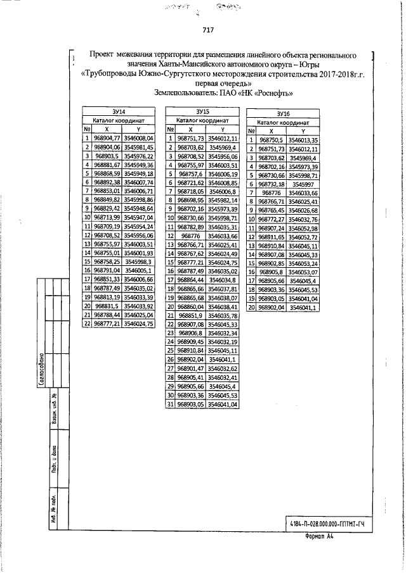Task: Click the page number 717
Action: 208,29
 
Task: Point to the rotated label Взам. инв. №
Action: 56,419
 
